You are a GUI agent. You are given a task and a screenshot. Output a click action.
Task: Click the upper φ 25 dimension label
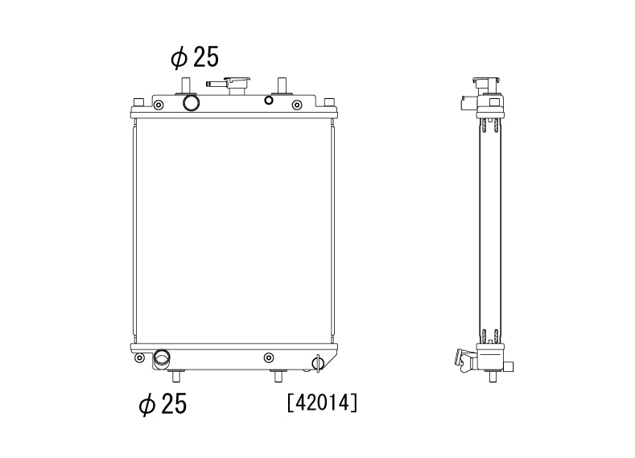point(194,57)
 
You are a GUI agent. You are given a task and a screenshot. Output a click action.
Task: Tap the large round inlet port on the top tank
point(192,103)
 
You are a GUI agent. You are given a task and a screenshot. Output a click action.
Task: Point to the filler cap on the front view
point(239,84)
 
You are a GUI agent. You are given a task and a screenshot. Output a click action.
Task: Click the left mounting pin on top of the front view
point(185,85)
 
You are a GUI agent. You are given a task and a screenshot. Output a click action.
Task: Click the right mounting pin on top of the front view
point(282,85)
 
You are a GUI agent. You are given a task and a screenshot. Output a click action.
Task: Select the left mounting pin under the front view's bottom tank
point(179,375)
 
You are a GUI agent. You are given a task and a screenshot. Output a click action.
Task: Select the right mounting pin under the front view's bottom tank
point(278,375)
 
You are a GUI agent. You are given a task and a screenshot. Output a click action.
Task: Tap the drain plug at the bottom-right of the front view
point(318,363)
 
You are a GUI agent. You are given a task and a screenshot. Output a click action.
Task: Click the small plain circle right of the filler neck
point(269,101)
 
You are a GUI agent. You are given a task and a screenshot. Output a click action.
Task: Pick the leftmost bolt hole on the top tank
point(158,105)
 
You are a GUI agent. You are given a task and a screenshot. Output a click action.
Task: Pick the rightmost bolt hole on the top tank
point(297,105)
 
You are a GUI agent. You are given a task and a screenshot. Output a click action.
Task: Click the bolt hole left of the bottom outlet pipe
point(140,357)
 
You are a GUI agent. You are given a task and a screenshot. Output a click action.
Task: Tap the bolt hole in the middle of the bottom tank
point(268,357)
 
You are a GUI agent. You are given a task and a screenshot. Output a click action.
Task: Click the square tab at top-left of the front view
point(138,101)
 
